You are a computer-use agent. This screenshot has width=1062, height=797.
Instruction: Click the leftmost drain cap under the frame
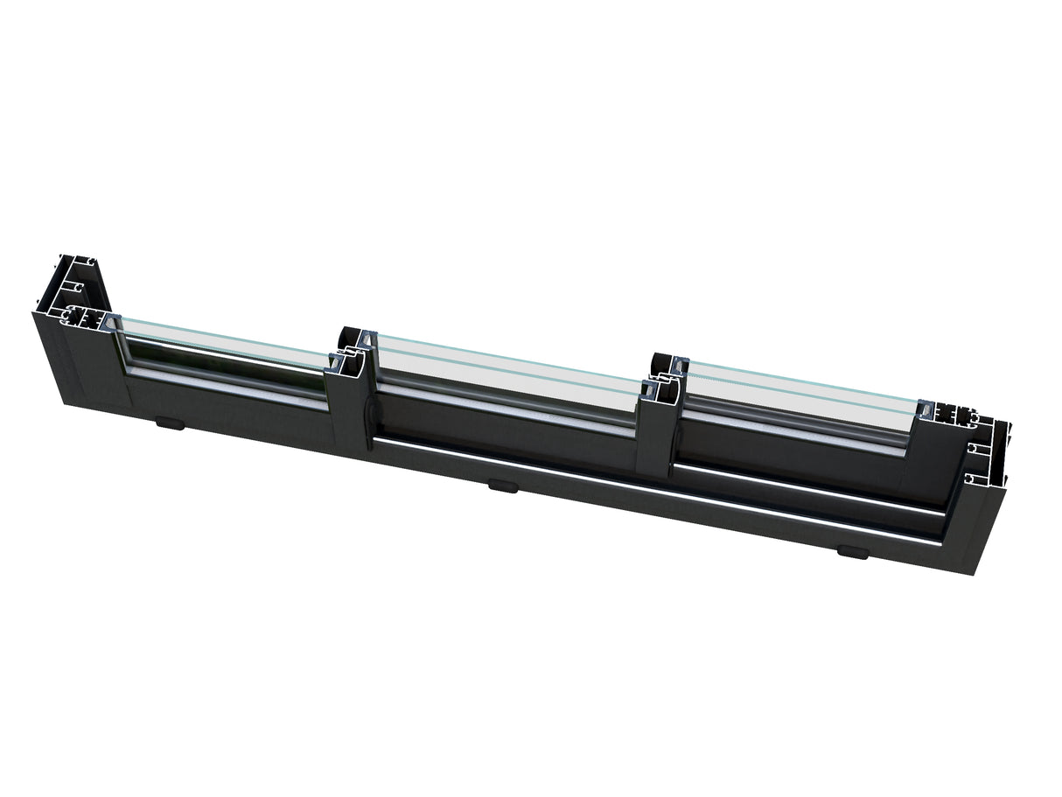coord(170,424)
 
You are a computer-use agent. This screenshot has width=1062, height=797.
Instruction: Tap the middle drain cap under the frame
coord(502,485)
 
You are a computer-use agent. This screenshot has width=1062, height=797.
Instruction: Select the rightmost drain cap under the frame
coord(849,551)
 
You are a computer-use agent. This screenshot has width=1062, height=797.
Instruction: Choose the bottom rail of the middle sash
coord(507,420)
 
